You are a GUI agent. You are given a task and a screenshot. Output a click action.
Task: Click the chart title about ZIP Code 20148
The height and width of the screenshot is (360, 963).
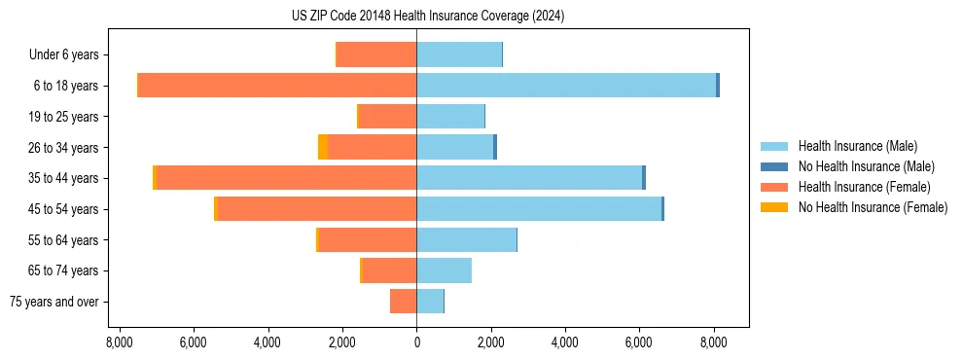coord(428,17)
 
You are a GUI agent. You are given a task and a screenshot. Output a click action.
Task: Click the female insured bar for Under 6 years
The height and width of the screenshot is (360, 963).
coord(376,55)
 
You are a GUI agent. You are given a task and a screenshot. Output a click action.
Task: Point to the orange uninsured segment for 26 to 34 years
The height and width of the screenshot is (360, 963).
coord(323,147)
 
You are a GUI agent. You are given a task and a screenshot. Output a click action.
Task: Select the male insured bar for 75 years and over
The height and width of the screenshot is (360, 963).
coord(430,302)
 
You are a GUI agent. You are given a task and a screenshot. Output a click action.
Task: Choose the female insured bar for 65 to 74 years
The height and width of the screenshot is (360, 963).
coord(390,270)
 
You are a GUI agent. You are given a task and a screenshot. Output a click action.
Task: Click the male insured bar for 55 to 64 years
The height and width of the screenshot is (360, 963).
coord(466,240)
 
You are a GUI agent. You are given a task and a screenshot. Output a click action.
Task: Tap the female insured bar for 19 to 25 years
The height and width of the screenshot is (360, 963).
coord(388,117)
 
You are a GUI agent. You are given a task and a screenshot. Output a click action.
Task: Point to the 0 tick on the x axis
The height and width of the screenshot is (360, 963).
coord(416,342)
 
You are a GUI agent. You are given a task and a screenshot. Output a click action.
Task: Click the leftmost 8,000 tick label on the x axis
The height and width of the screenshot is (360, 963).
coord(119,342)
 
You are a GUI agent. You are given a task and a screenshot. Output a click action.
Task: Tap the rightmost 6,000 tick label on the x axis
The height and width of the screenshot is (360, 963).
coord(639,342)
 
